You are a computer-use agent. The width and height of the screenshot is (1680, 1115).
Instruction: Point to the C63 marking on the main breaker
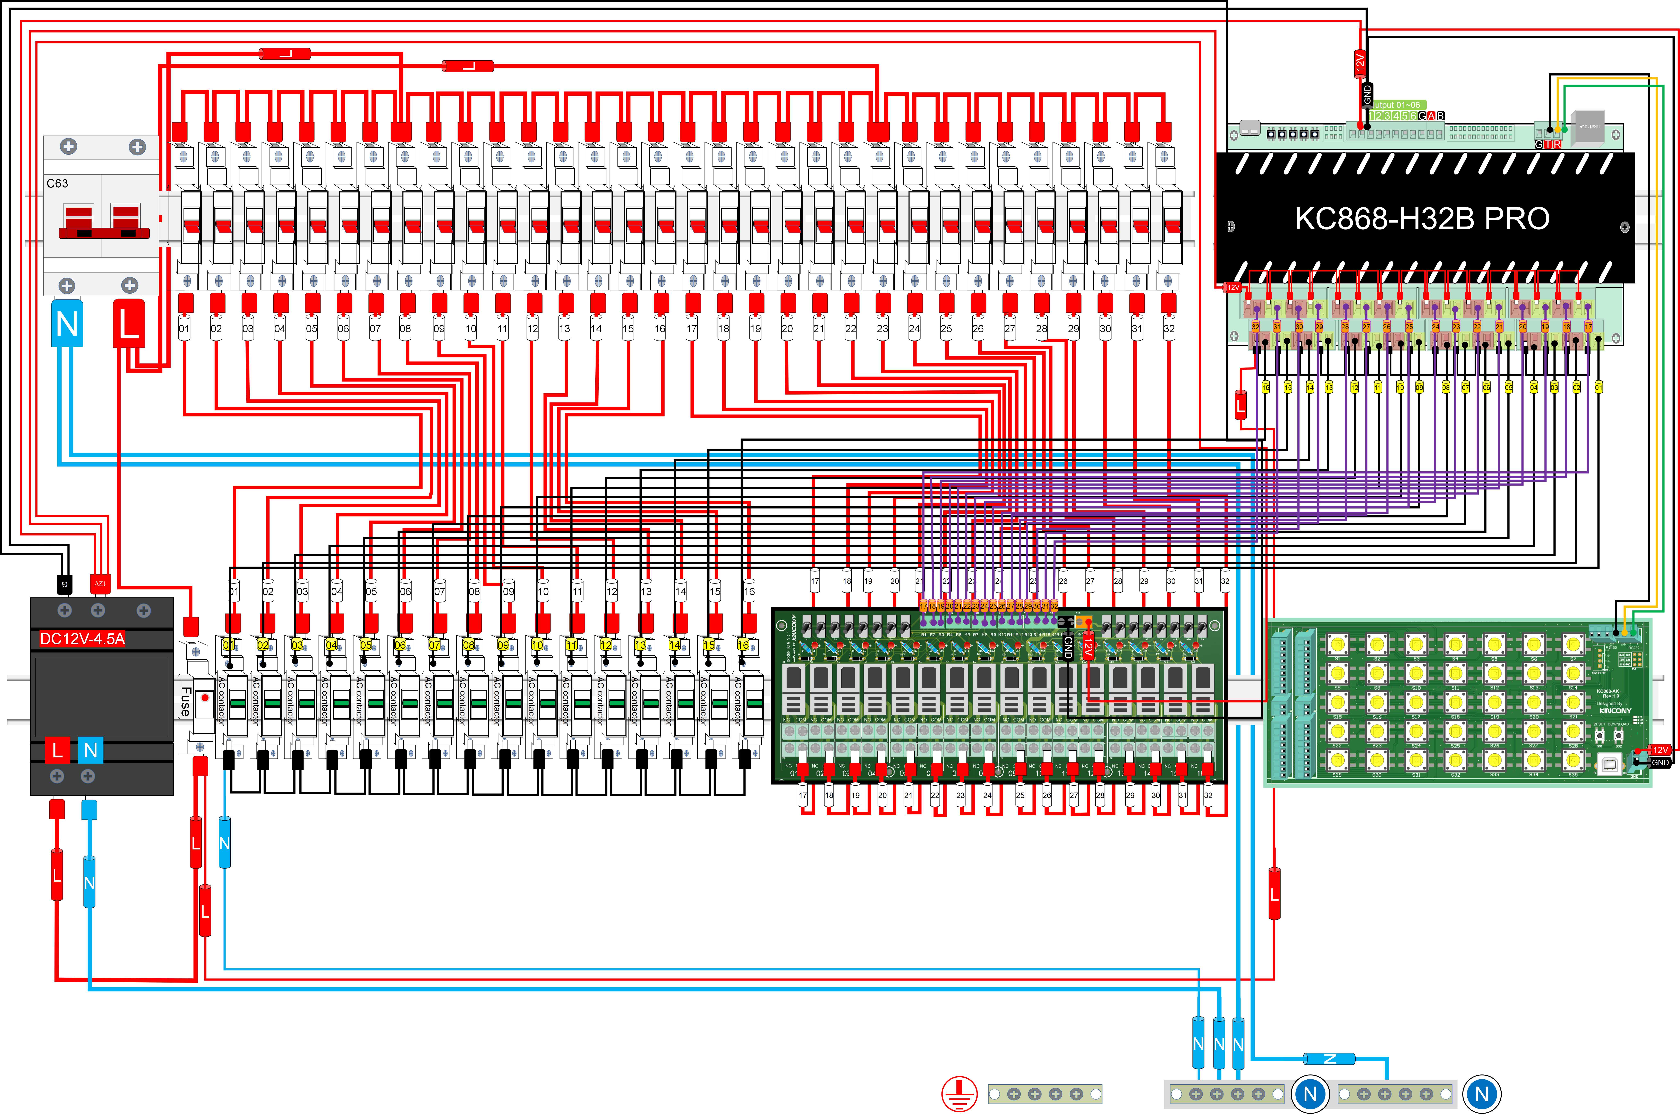(x=58, y=183)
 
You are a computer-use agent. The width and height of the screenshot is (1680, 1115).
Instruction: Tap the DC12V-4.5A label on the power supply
(x=83, y=639)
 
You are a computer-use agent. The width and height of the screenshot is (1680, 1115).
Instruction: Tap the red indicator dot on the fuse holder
(x=205, y=698)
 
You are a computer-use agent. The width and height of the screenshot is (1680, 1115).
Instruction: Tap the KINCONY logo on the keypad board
(x=1614, y=710)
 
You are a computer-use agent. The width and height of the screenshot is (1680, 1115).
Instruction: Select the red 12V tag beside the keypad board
(x=1660, y=750)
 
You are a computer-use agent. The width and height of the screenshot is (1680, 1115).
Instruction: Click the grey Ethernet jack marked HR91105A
(x=1588, y=127)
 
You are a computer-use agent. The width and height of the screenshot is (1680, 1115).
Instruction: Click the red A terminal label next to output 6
(x=1431, y=116)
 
